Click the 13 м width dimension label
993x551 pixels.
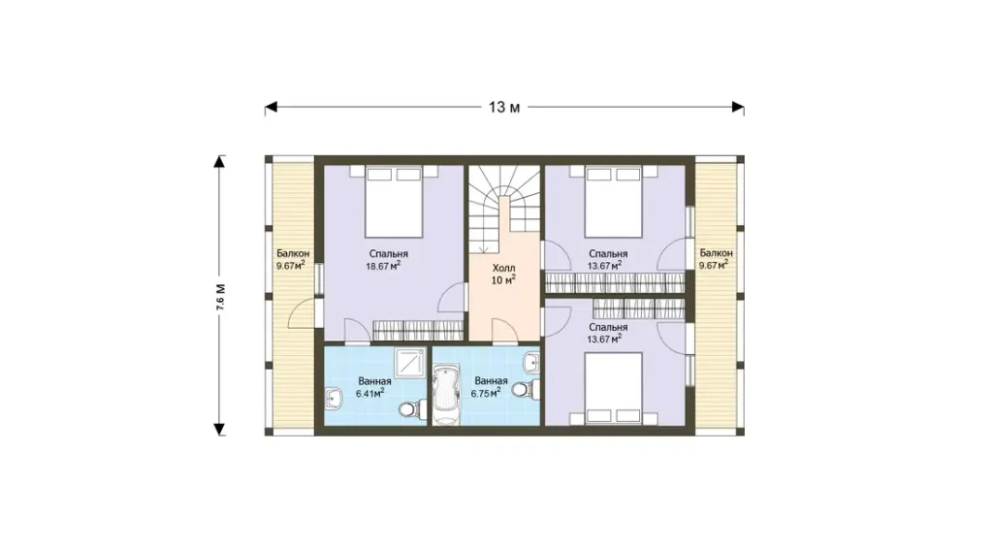[504, 108]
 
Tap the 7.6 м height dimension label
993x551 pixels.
[220, 297]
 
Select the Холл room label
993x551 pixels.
[504, 268]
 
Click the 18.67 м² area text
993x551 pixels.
[383, 266]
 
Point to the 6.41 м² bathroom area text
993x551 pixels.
[370, 393]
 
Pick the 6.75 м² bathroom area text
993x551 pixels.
[486, 393]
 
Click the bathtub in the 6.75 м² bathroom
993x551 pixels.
[446, 394]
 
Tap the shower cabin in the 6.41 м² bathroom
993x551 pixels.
[410, 362]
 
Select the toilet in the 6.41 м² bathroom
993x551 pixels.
[412, 409]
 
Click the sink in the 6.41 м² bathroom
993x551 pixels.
[334, 399]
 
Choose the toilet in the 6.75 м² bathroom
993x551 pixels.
[527, 388]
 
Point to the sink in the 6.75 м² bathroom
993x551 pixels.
[532, 363]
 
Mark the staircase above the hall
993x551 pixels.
[504, 209]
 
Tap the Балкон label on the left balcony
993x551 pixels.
[293, 253]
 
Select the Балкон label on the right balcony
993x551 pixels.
[717, 253]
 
